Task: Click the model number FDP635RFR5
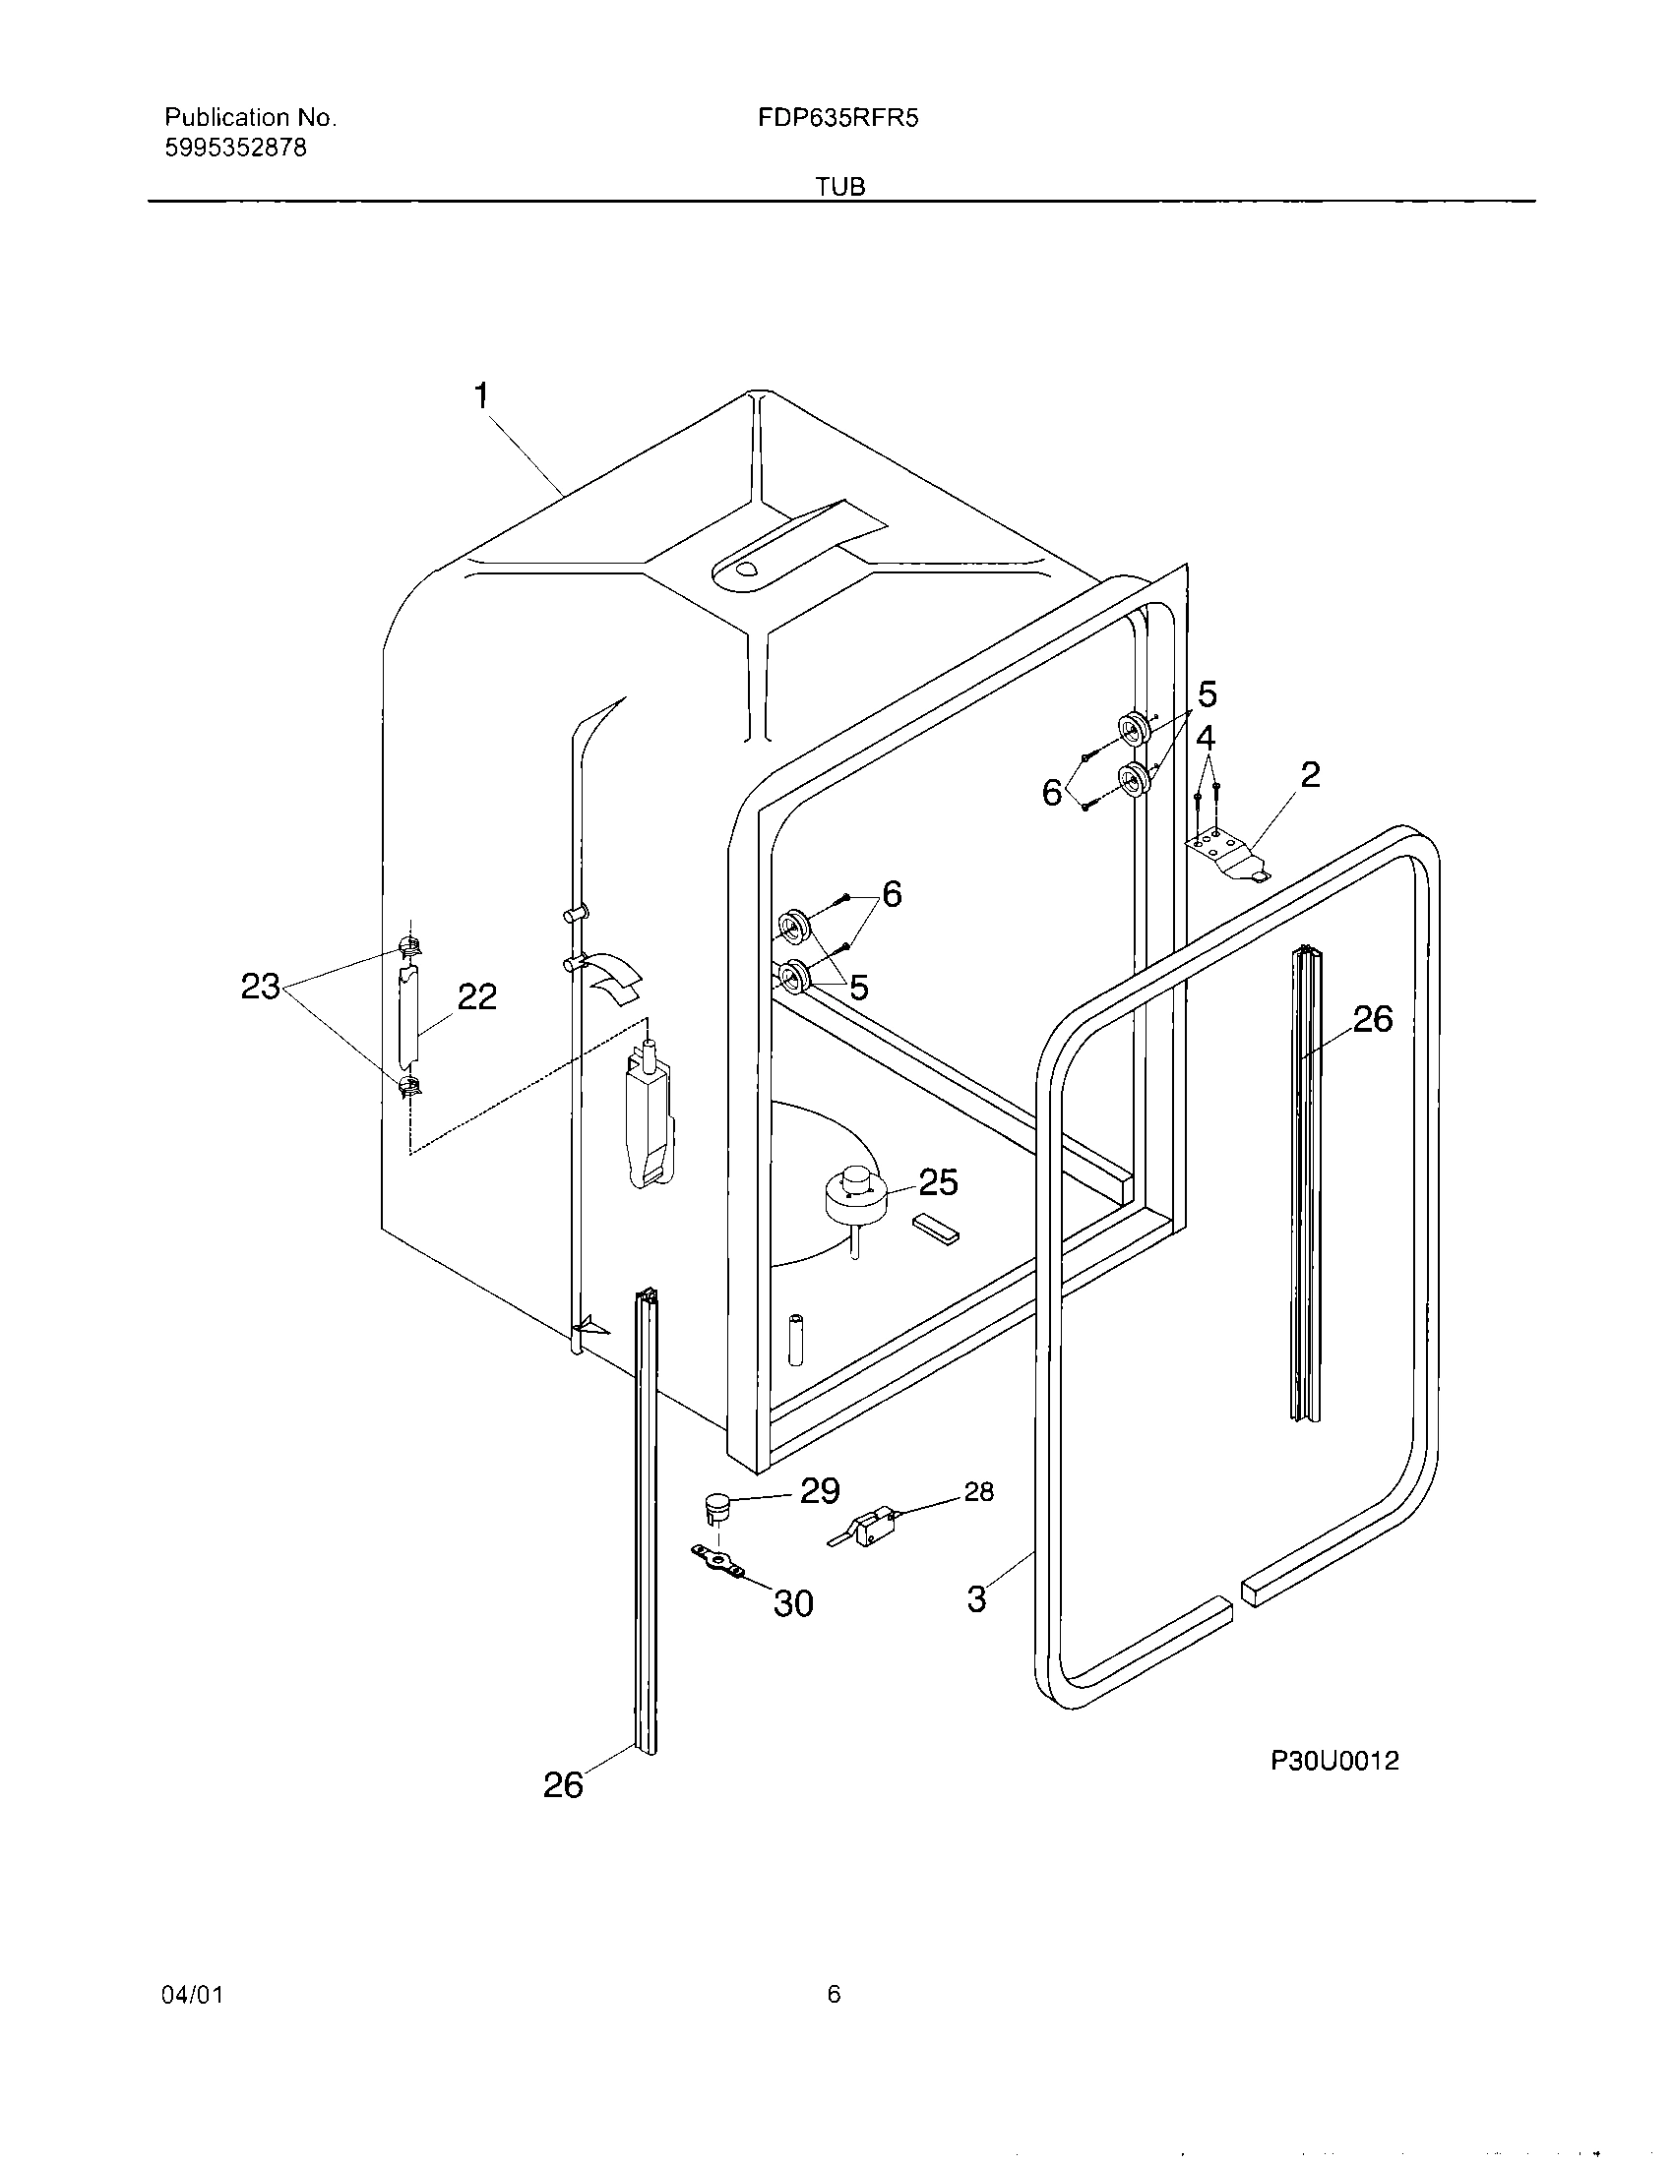837,119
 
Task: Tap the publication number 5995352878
235,149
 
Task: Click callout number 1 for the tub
480,396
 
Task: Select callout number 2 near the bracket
1309,775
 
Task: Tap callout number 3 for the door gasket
976,1598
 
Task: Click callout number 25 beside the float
938,1182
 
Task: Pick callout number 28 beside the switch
978,1492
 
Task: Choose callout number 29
820,1490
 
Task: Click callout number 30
793,1603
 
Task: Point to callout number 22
475,996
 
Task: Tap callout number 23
260,987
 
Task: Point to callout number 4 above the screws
1206,738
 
